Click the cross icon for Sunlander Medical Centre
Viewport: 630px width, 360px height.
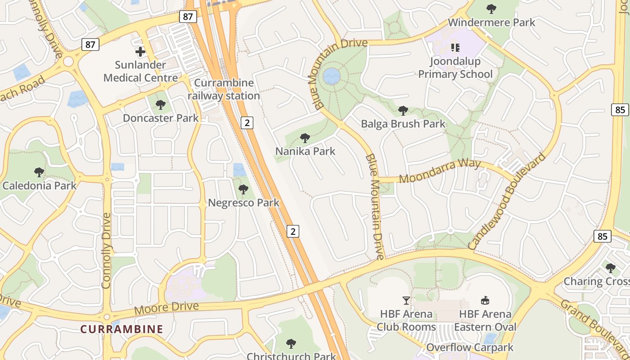pyautogui.click(x=140, y=52)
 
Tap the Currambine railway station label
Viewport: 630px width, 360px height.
pyautogui.click(x=224, y=90)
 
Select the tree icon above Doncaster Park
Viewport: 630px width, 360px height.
pyautogui.click(x=160, y=105)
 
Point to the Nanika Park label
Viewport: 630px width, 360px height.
pyautogui.click(x=305, y=151)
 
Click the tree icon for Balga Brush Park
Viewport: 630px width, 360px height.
pyautogui.click(x=403, y=110)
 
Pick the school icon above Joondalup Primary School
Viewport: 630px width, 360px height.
pyautogui.click(x=455, y=47)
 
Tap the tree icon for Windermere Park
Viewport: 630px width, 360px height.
pyautogui.click(x=491, y=9)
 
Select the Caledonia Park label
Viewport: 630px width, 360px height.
pyautogui.click(x=40, y=185)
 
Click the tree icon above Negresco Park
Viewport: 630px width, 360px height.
pyautogui.click(x=243, y=189)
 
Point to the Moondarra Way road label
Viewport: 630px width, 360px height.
pyautogui.click(x=440, y=171)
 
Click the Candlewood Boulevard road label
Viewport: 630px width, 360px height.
pyautogui.click(x=507, y=201)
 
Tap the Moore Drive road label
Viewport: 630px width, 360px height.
pyautogui.click(x=166, y=308)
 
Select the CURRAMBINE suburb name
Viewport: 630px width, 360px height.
pyautogui.click(x=121, y=329)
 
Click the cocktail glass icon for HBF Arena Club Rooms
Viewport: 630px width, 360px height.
pyautogui.click(x=406, y=301)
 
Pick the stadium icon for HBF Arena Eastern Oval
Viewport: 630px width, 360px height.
pyautogui.click(x=485, y=301)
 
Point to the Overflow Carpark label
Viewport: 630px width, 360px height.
pyautogui.click(x=470, y=347)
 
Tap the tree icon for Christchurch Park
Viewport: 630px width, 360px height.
pyautogui.click(x=291, y=344)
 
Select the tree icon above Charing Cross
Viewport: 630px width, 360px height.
pyautogui.click(x=610, y=268)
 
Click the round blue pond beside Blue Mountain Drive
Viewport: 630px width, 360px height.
pyautogui.click(x=332, y=76)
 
